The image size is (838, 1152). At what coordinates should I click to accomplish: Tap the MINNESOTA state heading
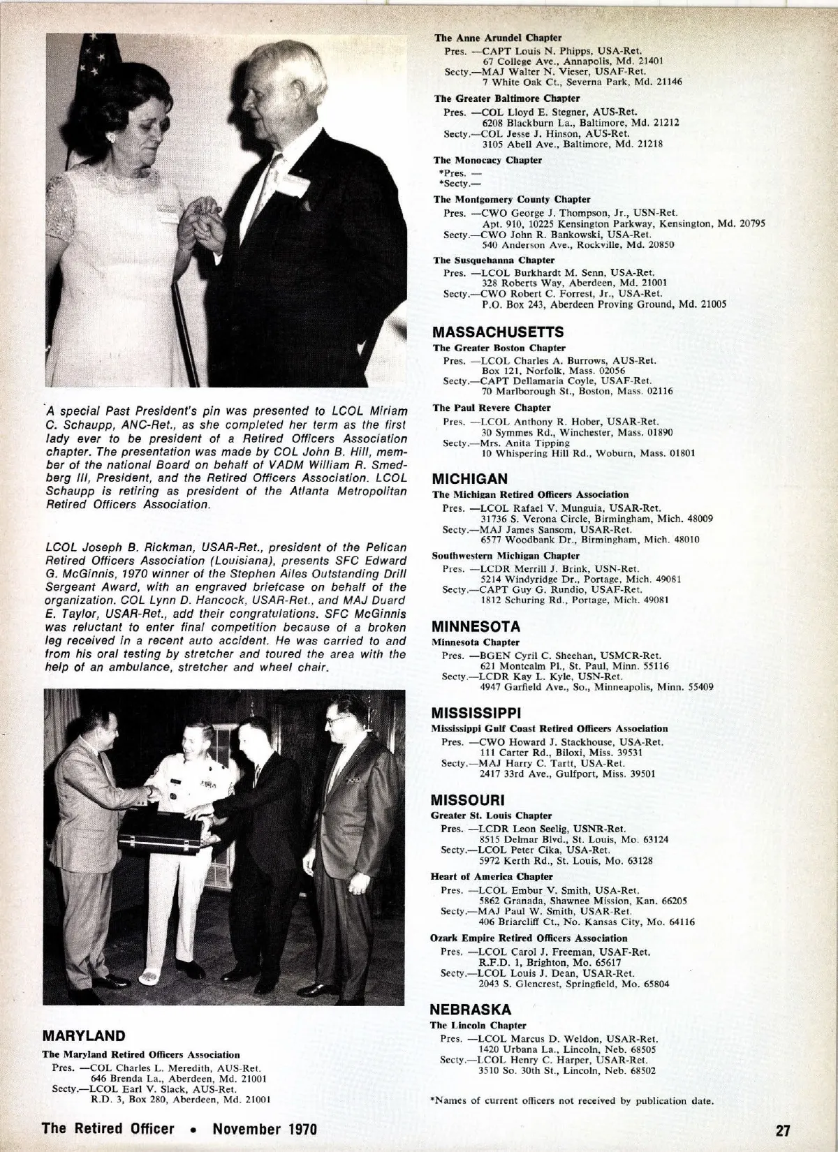pos(476,626)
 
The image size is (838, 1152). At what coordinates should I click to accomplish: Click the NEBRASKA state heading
pos(471,1009)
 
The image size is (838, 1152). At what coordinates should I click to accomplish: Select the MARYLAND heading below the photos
pos(84,1035)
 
